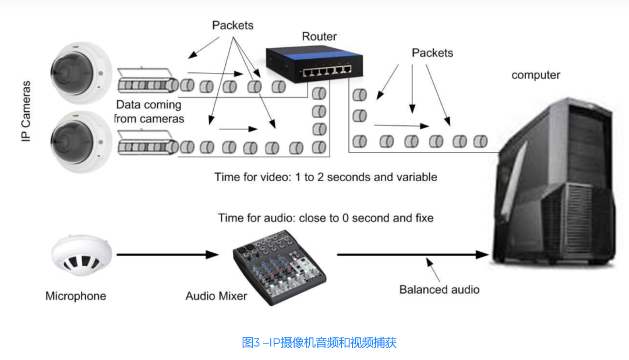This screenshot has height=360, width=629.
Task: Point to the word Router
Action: pos(319,36)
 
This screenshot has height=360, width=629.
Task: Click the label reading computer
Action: pos(536,75)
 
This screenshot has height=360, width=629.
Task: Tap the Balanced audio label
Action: pos(439,290)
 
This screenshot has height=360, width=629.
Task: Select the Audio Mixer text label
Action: pos(216,296)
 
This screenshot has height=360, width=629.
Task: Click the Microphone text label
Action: pos(76,296)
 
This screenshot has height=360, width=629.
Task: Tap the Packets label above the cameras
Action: pos(233,25)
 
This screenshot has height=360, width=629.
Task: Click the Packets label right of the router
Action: pos(432,53)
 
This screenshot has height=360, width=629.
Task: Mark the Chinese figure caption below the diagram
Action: pos(319,343)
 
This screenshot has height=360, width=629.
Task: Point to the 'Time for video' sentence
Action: pos(326,177)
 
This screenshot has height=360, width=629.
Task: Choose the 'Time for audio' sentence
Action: pos(326,218)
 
